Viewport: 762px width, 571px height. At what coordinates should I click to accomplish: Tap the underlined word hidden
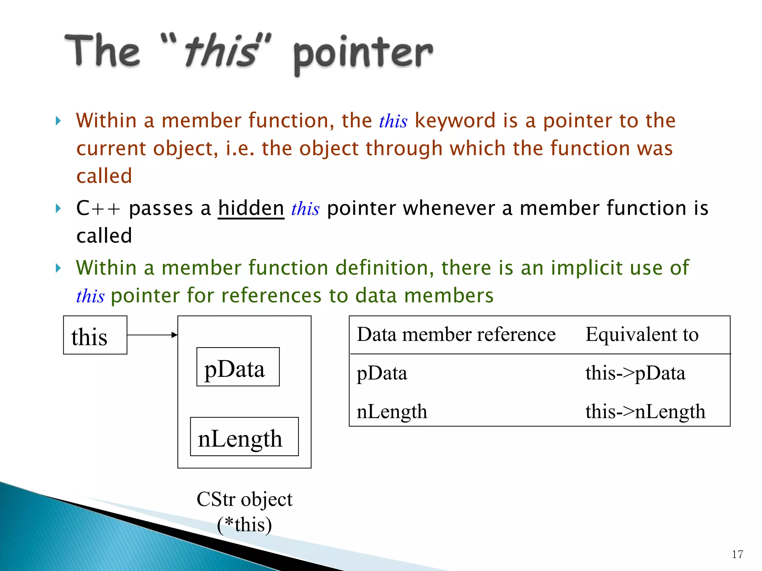coord(251,208)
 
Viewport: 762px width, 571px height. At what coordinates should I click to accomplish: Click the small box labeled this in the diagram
coord(95,335)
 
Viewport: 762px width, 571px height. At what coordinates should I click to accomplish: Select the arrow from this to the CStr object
coord(152,335)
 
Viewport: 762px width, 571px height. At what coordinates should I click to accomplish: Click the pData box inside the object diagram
coord(238,367)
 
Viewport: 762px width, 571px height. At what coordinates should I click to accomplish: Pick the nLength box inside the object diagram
coord(244,437)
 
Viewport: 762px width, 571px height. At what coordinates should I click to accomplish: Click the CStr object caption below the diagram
coord(244,499)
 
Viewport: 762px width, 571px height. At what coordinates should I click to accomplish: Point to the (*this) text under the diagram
coord(244,525)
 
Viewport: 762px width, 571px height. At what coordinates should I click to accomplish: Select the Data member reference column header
coord(456,335)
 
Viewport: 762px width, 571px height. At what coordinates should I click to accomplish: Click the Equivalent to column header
coord(642,335)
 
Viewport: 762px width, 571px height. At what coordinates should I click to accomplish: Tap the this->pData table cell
coord(635,373)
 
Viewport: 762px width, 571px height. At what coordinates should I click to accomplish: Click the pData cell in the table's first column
coord(382,373)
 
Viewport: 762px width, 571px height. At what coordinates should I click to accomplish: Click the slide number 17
coord(737,554)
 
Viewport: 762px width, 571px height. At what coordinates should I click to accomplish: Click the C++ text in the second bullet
coord(98,208)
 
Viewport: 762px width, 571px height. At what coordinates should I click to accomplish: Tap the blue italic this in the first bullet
coord(393,121)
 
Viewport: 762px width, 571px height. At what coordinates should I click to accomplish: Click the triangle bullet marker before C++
coord(58,208)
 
